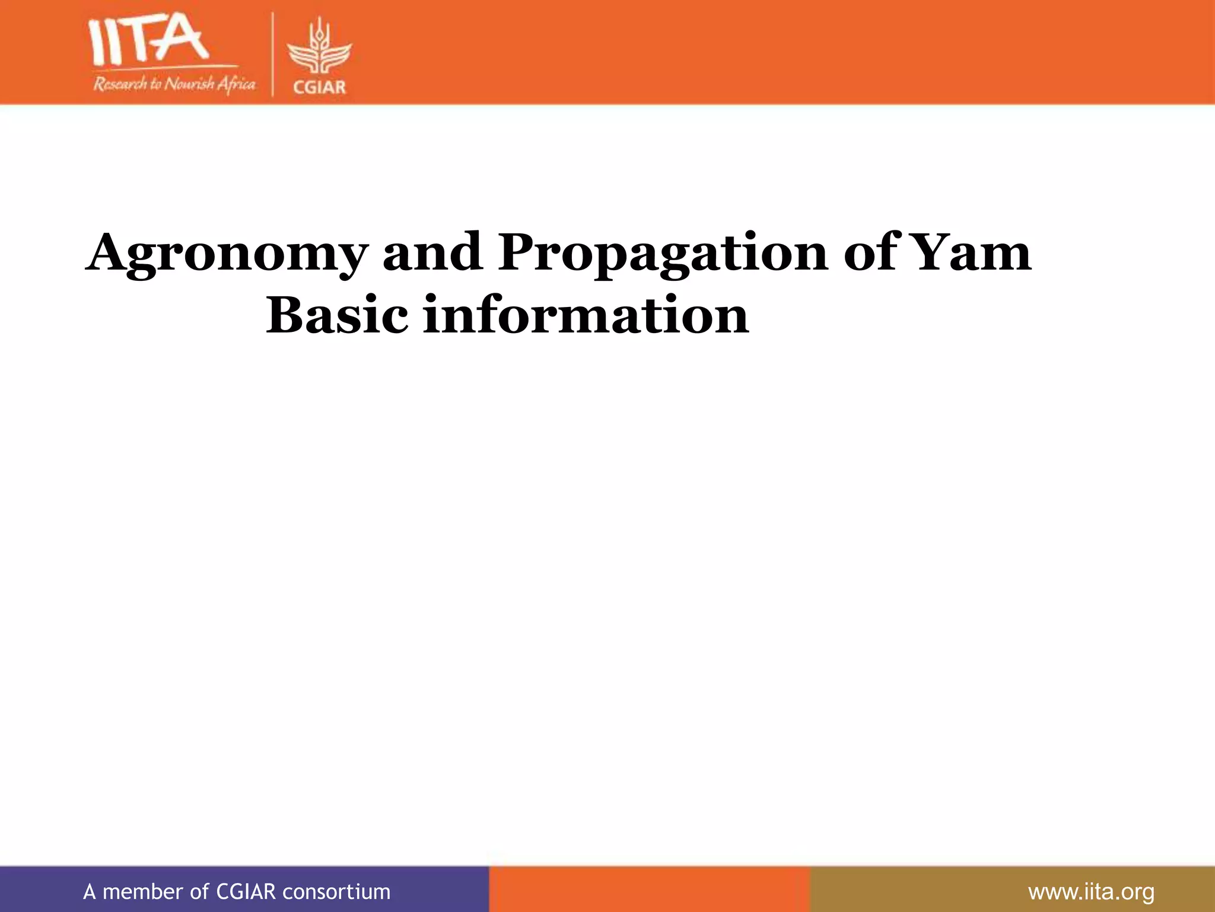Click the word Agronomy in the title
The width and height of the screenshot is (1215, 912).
coord(227,254)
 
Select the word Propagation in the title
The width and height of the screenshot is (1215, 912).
coord(662,254)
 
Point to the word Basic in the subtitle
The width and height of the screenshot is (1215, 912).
coord(337,315)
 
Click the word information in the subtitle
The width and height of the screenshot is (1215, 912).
coord(586,315)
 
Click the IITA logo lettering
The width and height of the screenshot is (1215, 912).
coord(148,40)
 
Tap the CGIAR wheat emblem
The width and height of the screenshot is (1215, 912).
coord(319,51)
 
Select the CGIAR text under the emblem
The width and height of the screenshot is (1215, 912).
coord(319,87)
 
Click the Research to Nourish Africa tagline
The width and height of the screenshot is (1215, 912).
coord(174,84)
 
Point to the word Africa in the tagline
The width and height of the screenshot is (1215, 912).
coord(236,84)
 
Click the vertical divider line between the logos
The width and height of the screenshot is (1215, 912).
coord(272,54)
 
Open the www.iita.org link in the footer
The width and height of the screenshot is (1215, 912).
coord(1091,891)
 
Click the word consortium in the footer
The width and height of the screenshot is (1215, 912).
coord(336,891)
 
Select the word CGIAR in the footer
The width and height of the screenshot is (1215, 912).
coord(246,891)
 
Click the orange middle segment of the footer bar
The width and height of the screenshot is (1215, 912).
coord(649,889)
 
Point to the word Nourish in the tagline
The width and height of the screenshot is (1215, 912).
coord(188,84)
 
